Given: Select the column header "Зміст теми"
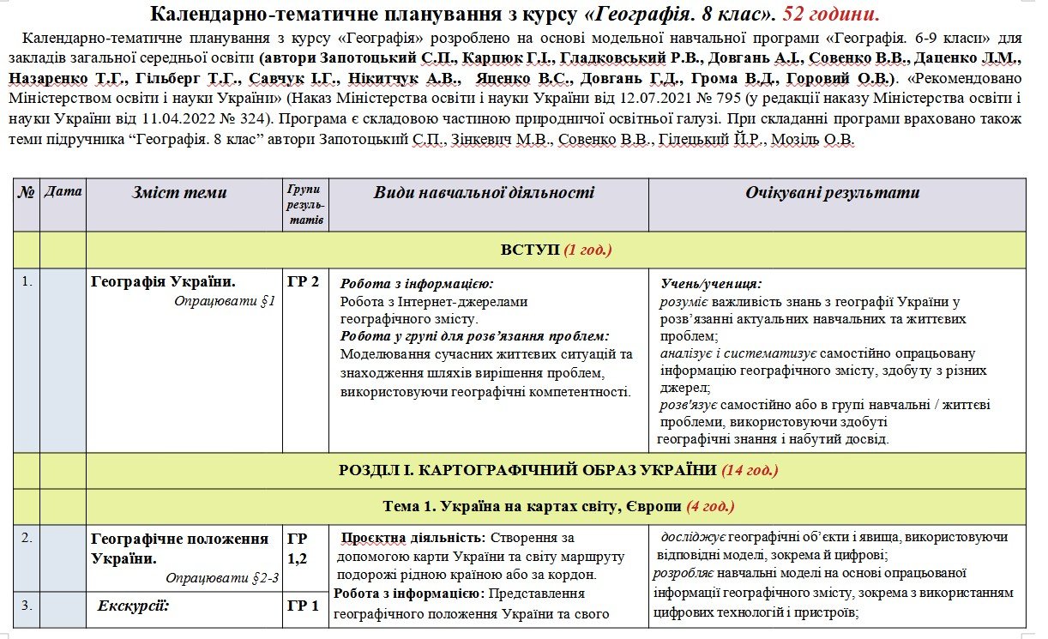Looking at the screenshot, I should pyautogui.click(x=179, y=193).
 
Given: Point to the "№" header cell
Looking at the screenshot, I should pyautogui.click(x=26, y=191).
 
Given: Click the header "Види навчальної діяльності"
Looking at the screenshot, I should pyautogui.click(x=484, y=193).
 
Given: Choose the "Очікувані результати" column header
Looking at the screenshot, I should pyautogui.click(x=832, y=193).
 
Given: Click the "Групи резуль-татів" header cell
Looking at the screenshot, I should pyautogui.click(x=305, y=205).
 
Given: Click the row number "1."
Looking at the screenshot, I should pyautogui.click(x=26, y=281).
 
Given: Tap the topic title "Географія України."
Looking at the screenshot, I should pyautogui.click(x=163, y=281).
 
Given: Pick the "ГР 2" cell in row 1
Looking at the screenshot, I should pyautogui.click(x=304, y=281).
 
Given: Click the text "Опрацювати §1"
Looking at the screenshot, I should pyautogui.click(x=224, y=301).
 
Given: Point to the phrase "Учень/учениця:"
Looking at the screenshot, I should pyautogui.click(x=711, y=284).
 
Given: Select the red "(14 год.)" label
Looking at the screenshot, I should pyautogui.click(x=750, y=470).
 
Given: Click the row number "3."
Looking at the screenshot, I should pyautogui.click(x=26, y=606).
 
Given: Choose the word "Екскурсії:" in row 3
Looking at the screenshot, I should pyautogui.click(x=134, y=606).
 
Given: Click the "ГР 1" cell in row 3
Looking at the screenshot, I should pyautogui.click(x=304, y=606).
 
